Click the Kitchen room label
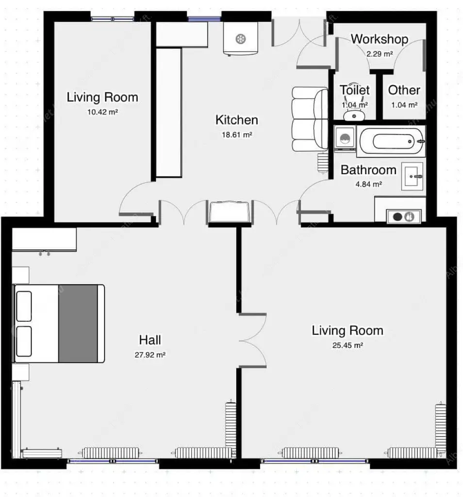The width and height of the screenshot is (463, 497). (x=236, y=120)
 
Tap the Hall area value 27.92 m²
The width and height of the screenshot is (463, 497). (x=150, y=355)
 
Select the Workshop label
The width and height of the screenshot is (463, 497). (x=380, y=39)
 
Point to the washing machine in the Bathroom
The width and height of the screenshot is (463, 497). (x=345, y=138)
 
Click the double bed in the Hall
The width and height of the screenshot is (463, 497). (x=59, y=324)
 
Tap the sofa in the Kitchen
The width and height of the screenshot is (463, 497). (x=310, y=119)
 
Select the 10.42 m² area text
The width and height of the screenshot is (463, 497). (x=103, y=112)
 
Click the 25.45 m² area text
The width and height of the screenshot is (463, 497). (x=347, y=345)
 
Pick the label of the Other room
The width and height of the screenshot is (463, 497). (x=404, y=90)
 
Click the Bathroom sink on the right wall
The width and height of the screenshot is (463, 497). (x=413, y=176)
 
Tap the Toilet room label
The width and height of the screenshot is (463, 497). (x=355, y=90)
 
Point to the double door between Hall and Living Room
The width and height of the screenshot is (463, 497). (x=252, y=341)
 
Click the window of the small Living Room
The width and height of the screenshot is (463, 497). (x=113, y=19)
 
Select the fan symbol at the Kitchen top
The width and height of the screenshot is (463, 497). (x=241, y=39)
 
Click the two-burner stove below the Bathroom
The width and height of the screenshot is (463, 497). (x=404, y=217)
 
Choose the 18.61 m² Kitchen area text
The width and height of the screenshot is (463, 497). (x=237, y=135)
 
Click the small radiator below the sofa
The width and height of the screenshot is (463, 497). (x=323, y=163)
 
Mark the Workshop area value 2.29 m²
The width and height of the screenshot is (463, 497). (x=380, y=54)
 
